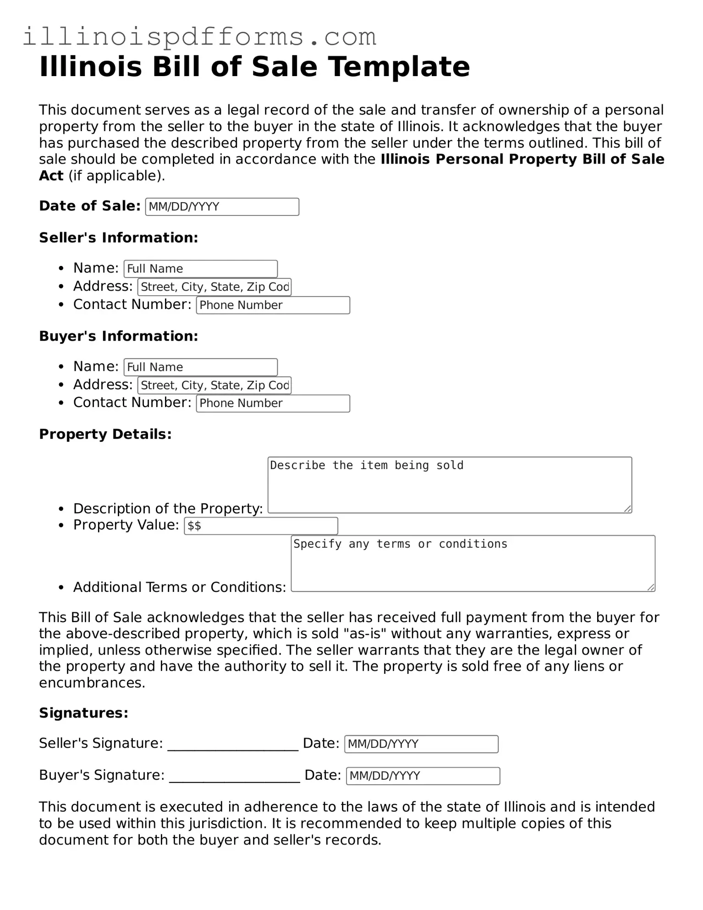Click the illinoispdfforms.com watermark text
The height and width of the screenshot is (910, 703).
[199, 37]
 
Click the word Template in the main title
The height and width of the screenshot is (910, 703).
[399, 66]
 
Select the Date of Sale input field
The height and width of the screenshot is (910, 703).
[222, 207]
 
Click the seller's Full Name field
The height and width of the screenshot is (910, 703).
[201, 269]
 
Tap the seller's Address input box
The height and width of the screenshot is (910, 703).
[214, 287]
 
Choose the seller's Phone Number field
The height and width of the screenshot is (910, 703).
[273, 305]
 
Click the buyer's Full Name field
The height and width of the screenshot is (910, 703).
[201, 367]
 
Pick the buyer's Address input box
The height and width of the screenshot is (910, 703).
[214, 385]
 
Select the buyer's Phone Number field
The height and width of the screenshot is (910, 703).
[273, 403]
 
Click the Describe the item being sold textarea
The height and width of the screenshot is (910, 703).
[450, 485]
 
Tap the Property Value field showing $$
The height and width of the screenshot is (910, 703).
[261, 526]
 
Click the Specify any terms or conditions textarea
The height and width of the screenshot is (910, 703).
[473, 563]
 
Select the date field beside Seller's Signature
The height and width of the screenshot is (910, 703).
[421, 744]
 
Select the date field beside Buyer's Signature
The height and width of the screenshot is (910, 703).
[423, 776]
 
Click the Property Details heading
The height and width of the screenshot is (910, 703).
[105, 434]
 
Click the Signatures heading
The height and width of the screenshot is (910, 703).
[83, 713]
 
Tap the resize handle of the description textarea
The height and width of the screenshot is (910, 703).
[628, 509]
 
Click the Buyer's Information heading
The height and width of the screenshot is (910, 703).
[118, 336]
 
